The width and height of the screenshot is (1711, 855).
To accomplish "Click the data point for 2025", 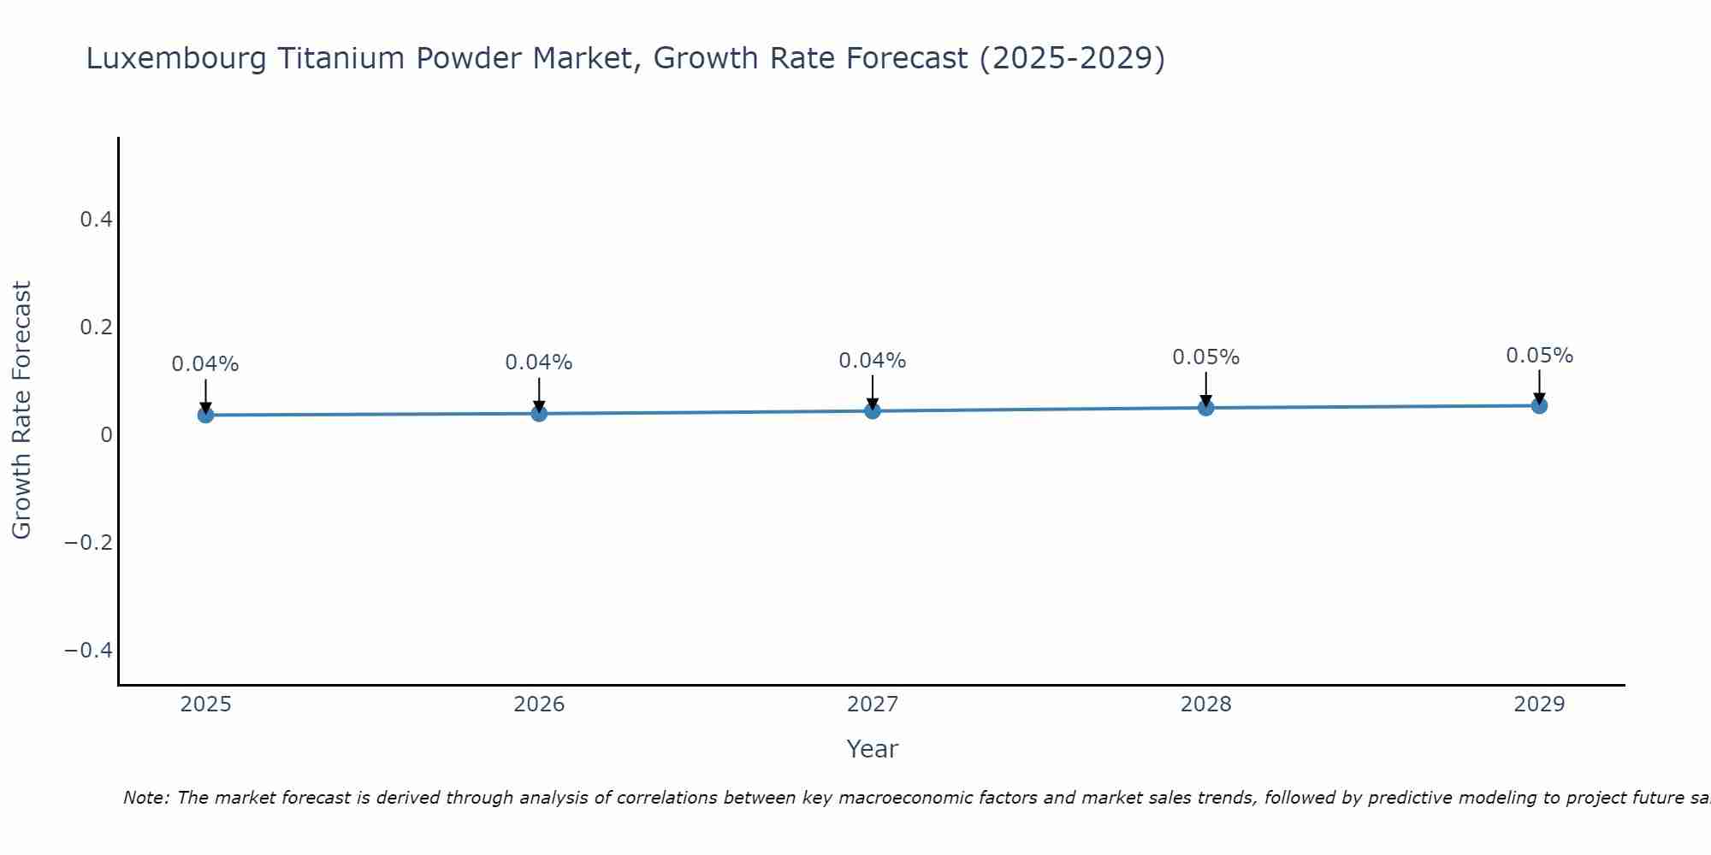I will pyautogui.click(x=205, y=415).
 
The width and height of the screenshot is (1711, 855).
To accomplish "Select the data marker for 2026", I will pyautogui.click(x=539, y=413).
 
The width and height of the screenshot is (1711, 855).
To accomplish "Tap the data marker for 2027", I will pyautogui.click(x=873, y=410).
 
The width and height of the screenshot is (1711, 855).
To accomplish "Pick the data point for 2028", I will pyautogui.click(x=1206, y=408).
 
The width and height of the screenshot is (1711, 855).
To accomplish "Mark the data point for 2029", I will pyautogui.click(x=1539, y=405).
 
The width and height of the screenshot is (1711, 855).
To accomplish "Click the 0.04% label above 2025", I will pyautogui.click(x=205, y=364).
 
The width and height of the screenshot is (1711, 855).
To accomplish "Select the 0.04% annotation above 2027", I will pyautogui.click(x=873, y=361).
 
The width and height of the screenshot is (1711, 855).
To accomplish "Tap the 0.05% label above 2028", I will pyautogui.click(x=1206, y=357).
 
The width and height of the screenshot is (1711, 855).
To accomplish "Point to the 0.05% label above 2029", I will pyautogui.click(x=1539, y=356).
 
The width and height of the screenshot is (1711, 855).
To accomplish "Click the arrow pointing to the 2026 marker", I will pyautogui.click(x=539, y=394).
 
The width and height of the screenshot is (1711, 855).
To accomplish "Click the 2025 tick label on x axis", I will pyautogui.click(x=205, y=705).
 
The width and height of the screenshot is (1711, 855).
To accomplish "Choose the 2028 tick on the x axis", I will pyautogui.click(x=1206, y=705).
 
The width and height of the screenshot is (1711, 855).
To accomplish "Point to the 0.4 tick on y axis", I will pyautogui.click(x=96, y=220).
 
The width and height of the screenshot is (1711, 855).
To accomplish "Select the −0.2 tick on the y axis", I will pyautogui.click(x=88, y=543).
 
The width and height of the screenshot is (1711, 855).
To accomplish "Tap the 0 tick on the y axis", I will pyautogui.click(x=106, y=435).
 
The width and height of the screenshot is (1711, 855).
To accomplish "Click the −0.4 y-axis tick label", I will pyautogui.click(x=88, y=651).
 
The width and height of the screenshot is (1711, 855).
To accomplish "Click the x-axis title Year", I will pyautogui.click(x=872, y=749).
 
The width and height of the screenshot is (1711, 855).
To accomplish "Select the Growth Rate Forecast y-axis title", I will pyautogui.click(x=21, y=410).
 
